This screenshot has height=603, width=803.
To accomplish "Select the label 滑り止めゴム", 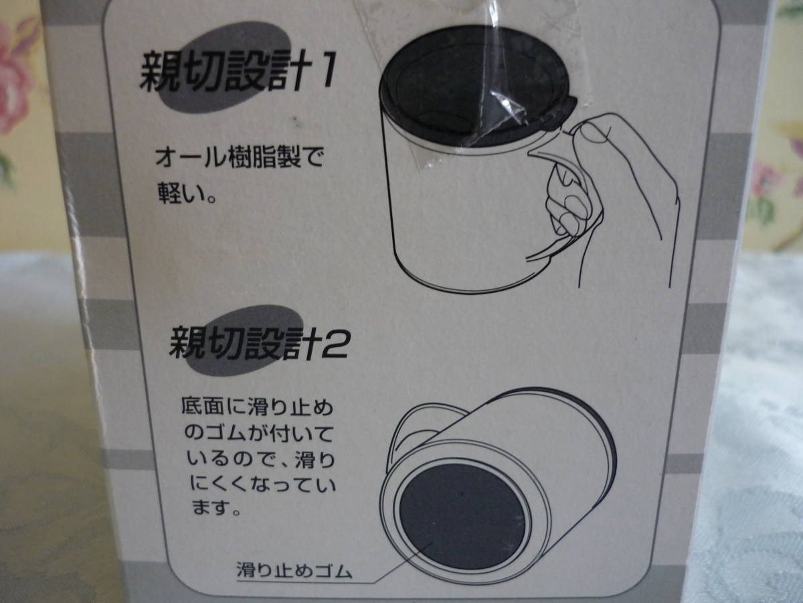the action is [294, 570].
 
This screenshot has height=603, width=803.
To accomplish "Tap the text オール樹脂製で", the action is [240, 159].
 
